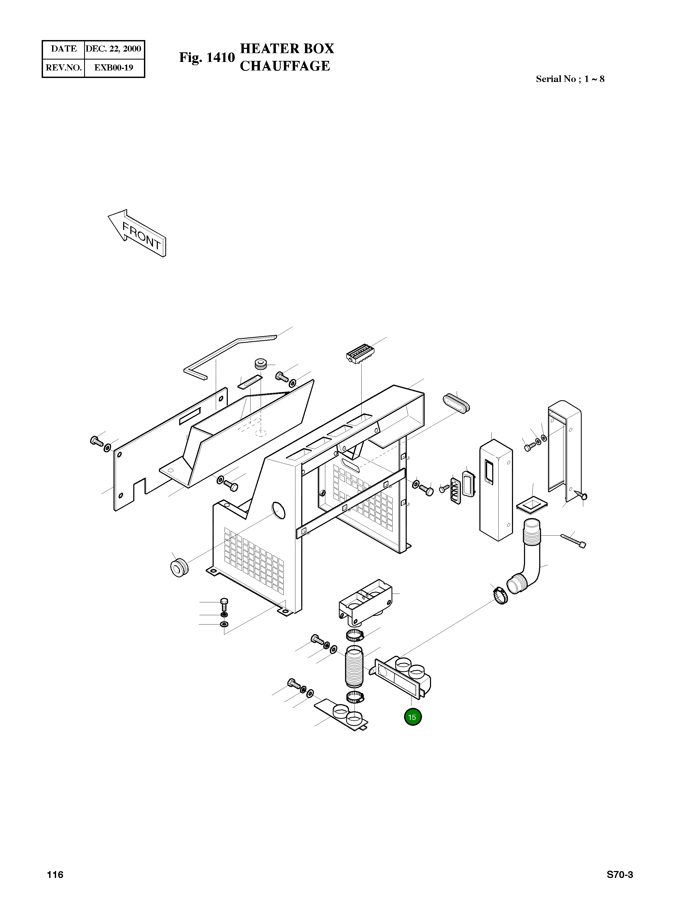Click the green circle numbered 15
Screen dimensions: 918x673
click(412, 717)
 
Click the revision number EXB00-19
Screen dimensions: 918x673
click(114, 68)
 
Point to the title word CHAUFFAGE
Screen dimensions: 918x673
click(285, 66)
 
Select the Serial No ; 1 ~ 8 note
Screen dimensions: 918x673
click(570, 79)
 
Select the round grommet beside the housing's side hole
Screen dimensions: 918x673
click(179, 568)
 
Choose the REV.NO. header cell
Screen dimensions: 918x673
click(64, 68)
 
